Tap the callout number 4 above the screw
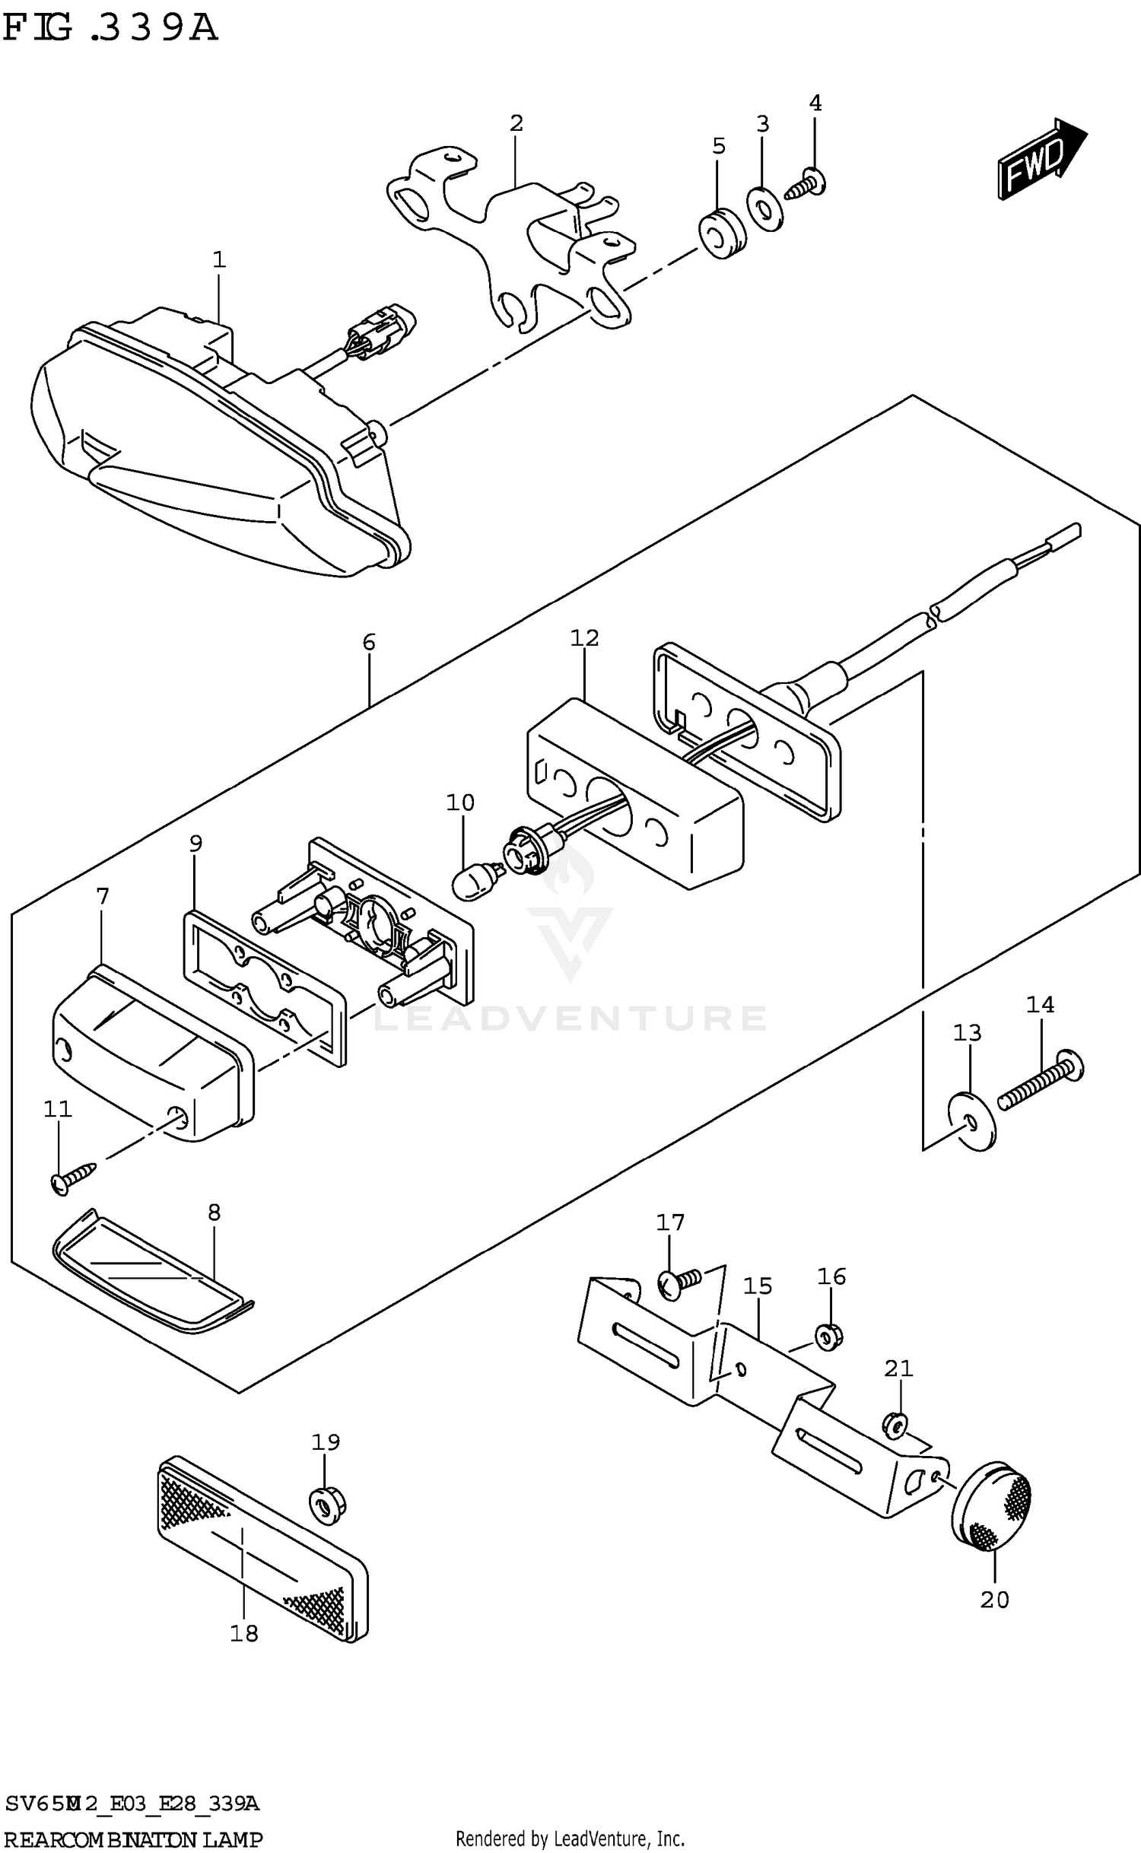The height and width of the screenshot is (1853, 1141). pyautogui.click(x=815, y=103)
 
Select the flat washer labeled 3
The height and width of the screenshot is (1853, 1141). pyautogui.click(x=765, y=207)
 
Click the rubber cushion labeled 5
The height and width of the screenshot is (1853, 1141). pyautogui.click(x=722, y=232)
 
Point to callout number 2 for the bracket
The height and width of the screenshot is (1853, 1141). pyautogui.click(x=516, y=123)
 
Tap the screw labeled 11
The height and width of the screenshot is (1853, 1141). pyautogui.click(x=72, y=1177)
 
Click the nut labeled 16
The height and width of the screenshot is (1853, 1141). pyautogui.click(x=829, y=1337)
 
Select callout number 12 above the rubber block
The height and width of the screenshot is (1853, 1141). pyautogui.click(x=584, y=637)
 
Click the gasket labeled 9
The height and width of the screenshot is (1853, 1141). pyautogui.click(x=262, y=989)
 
